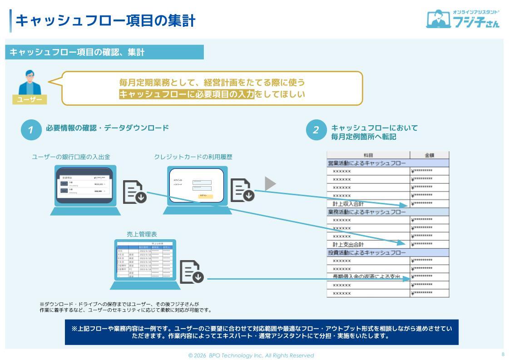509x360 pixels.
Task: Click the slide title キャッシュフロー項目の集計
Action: pyautogui.click(x=105, y=20)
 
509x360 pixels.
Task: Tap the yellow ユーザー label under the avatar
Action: pyautogui.click(x=30, y=100)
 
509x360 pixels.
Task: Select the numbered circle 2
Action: pyautogui.click(x=316, y=130)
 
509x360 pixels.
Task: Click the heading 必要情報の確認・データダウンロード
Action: pyautogui.click(x=107, y=128)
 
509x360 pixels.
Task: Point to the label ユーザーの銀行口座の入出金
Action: pyautogui.click(x=71, y=157)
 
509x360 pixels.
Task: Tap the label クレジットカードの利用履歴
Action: pyautogui.click(x=193, y=157)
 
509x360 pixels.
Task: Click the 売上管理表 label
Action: pyautogui.click(x=142, y=234)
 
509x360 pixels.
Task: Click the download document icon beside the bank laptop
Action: pyautogui.click(x=135, y=192)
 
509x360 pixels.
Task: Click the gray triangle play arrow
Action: pyautogui.click(x=270, y=183)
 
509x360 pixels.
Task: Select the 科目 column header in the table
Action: pyautogui.click(x=368, y=155)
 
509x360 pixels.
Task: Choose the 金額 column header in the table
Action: pyautogui.click(x=429, y=155)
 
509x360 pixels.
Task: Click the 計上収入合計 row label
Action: pyautogui.click(x=348, y=204)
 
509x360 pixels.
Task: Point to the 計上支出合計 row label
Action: pyautogui.click(x=348, y=244)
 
